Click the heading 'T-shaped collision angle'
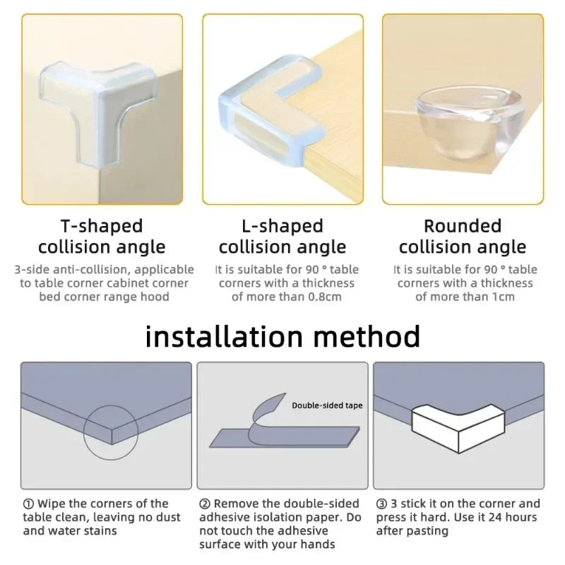pos(102,237)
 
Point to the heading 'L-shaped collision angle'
pos(282,237)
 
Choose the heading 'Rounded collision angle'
pos(463,237)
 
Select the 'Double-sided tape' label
pos(327,405)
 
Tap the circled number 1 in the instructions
pos(28,504)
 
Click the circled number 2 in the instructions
pos(205,504)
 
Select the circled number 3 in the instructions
pos(381,504)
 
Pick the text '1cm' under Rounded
pos(501,297)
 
